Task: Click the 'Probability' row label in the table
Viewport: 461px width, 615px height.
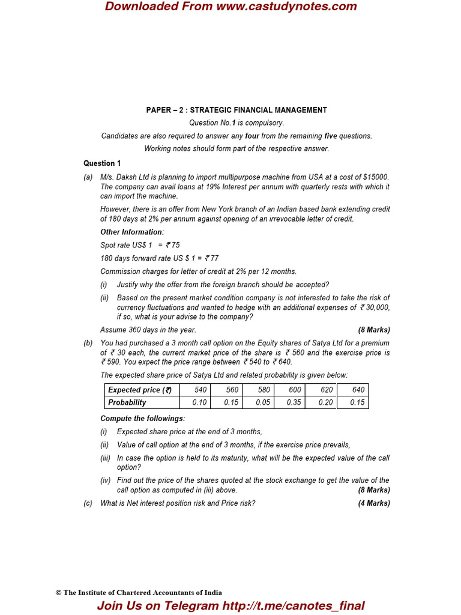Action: point(127,402)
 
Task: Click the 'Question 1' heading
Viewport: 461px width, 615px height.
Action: point(102,163)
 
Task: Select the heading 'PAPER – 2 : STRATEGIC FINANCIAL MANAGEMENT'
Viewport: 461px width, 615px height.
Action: point(237,110)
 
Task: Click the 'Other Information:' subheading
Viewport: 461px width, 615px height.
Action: point(132,232)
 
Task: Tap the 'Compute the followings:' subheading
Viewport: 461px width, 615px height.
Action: point(143,419)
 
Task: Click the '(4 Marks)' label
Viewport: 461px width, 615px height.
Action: point(374,503)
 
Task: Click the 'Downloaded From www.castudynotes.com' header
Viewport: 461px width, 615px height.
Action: point(230,7)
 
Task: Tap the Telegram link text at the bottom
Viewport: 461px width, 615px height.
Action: point(230,606)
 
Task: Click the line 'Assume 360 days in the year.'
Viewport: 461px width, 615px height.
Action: point(148,330)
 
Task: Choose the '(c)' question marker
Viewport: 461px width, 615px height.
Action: point(88,503)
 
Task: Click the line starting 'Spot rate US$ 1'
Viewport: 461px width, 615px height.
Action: point(140,245)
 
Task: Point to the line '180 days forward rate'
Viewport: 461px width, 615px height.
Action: point(159,258)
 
